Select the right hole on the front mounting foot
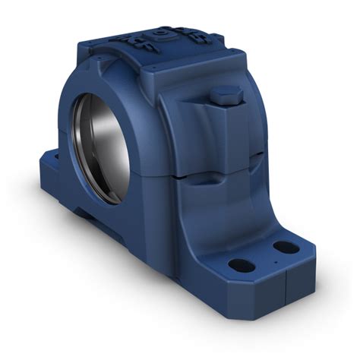pyautogui.click(x=284, y=247)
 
